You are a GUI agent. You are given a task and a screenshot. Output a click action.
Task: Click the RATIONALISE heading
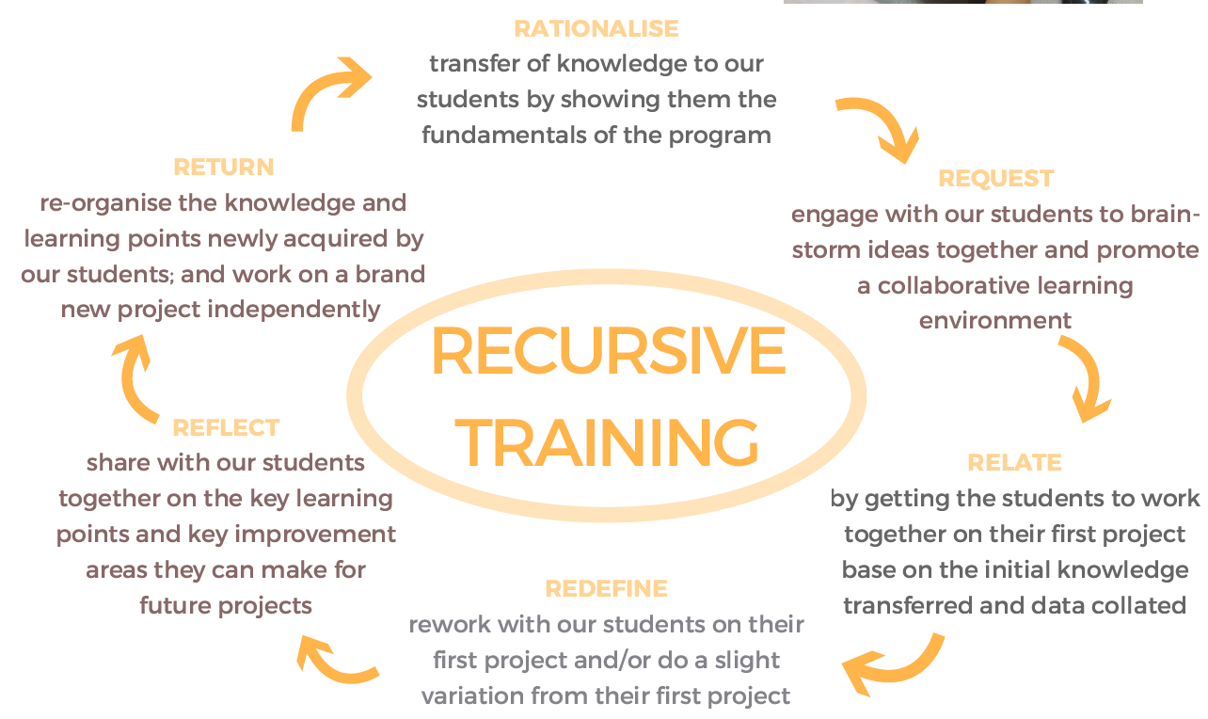(596, 28)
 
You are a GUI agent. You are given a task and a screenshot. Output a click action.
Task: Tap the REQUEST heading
(995, 179)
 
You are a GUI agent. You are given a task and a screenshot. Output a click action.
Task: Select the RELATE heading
(1014, 463)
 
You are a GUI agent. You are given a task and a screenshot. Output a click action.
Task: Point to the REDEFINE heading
(606, 588)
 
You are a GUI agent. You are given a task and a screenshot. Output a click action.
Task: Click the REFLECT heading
(226, 428)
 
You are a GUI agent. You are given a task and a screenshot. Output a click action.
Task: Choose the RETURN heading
(224, 168)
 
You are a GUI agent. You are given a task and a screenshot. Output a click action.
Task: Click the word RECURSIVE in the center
(609, 351)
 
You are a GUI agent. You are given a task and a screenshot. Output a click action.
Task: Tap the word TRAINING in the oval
(607, 442)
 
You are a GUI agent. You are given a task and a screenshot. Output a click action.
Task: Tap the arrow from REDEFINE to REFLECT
(330, 669)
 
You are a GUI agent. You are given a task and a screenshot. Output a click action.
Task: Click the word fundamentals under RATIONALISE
(503, 135)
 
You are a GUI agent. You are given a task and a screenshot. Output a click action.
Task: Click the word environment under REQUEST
(995, 321)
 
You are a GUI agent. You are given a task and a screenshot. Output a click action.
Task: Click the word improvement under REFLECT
(315, 535)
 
